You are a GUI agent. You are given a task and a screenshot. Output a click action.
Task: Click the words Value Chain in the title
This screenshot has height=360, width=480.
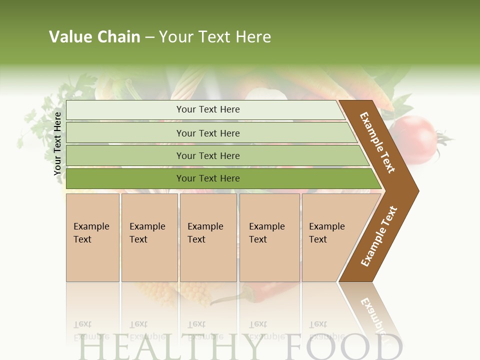(x=94, y=37)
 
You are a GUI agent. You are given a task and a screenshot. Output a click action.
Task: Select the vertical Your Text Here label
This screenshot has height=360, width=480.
(x=57, y=143)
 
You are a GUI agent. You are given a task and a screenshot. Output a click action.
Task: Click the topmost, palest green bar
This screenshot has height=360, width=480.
(x=205, y=109)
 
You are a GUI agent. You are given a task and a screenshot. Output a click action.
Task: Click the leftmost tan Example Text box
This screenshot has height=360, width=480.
(x=92, y=237)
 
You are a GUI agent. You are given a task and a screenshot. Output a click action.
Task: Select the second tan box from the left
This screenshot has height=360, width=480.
(x=149, y=237)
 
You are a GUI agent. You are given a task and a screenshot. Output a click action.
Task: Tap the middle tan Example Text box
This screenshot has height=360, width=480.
(x=208, y=237)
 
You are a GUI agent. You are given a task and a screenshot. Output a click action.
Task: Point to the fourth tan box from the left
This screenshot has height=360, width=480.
(x=269, y=237)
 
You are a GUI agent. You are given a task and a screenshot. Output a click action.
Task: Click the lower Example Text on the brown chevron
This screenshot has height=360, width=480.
(x=379, y=236)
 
